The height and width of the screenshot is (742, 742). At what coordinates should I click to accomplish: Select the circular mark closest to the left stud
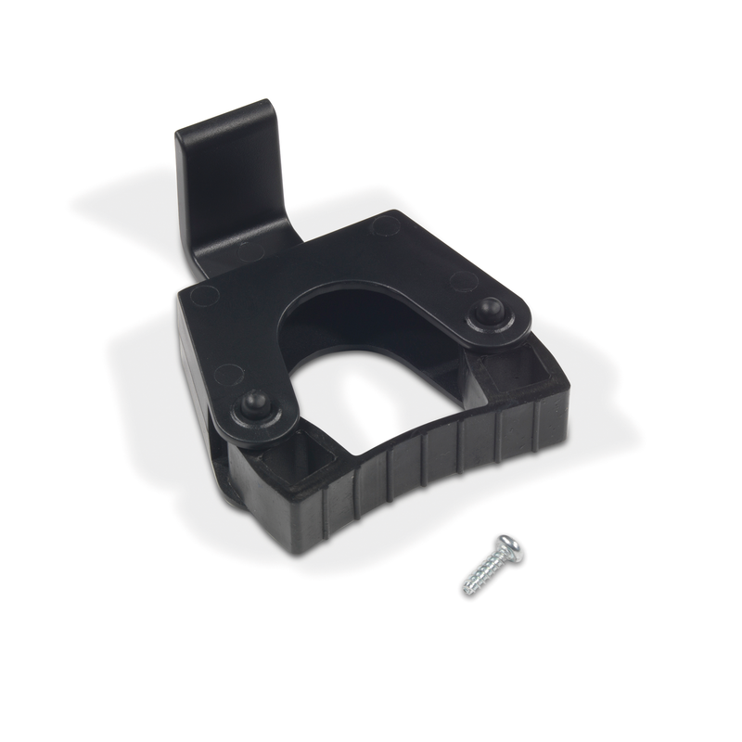(x=228, y=375)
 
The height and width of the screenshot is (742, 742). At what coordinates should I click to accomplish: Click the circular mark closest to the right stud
(x=462, y=281)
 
